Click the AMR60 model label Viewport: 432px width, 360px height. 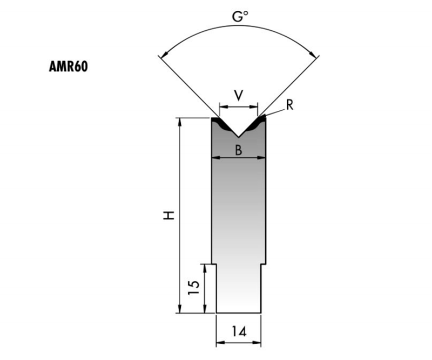[68, 66]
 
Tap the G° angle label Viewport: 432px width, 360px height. [240, 18]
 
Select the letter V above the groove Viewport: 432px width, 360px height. [238, 96]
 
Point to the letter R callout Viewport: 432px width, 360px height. [289, 105]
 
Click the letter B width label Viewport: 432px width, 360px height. [238, 151]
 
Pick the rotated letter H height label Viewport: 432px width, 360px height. [170, 215]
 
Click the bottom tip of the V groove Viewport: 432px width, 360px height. [238, 136]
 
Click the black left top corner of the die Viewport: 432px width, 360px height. [214, 120]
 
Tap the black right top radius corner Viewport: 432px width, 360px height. [261, 120]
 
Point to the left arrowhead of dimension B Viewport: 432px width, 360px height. [214, 158]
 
